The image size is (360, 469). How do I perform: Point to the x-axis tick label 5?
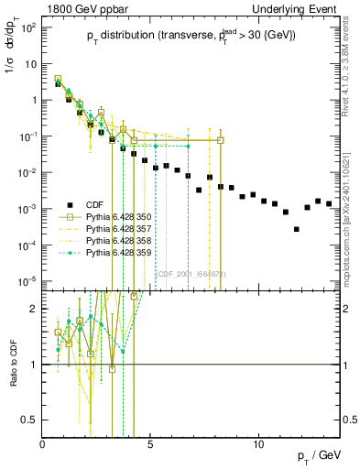(151, 445)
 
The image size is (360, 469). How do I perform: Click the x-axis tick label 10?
(259, 445)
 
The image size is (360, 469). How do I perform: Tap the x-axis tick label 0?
(43, 445)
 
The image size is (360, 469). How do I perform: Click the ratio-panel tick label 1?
(34, 365)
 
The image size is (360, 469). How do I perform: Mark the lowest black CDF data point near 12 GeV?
(296, 229)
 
